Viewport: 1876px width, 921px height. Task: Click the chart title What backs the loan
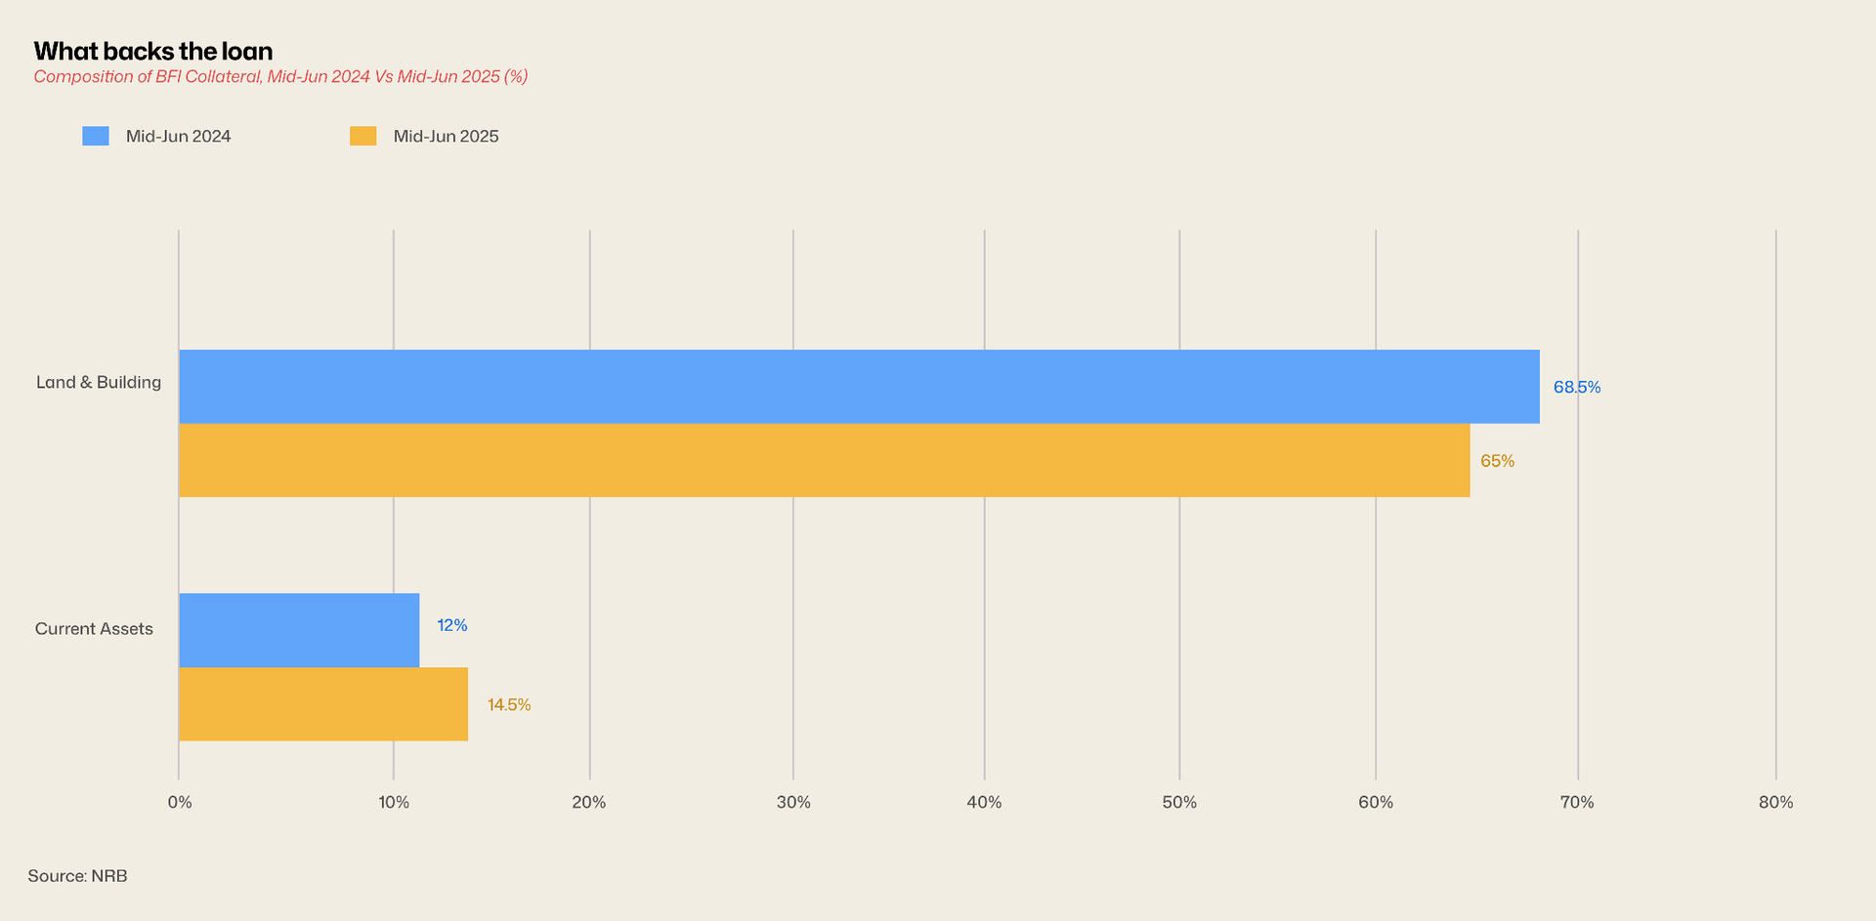click(153, 51)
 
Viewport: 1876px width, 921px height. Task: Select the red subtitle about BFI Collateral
click(280, 77)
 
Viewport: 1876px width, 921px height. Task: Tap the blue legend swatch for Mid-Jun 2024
click(96, 136)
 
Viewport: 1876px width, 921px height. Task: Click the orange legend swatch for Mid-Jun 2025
click(363, 136)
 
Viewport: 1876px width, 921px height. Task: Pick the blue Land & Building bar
click(859, 387)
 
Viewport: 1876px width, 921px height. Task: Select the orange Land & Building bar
click(824, 460)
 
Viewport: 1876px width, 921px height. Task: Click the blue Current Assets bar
click(299, 630)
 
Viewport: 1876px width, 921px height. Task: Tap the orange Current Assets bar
click(323, 704)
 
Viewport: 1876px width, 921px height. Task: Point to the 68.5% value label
click(1577, 387)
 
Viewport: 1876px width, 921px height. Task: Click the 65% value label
click(1497, 461)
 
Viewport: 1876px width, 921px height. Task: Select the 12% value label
click(452, 625)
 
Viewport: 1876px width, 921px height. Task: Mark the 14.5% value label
click(509, 705)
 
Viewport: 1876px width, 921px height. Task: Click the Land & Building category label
click(99, 382)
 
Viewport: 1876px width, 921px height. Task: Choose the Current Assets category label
click(94, 629)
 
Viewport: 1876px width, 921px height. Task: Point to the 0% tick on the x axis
click(180, 802)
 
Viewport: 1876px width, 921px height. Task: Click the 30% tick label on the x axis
click(793, 802)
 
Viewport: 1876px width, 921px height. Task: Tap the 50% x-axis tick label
click(1179, 802)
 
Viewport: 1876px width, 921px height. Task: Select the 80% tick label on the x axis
click(1775, 802)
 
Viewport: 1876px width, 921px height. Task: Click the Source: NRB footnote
click(77, 876)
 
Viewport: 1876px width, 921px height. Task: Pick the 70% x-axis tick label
click(1577, 802)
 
